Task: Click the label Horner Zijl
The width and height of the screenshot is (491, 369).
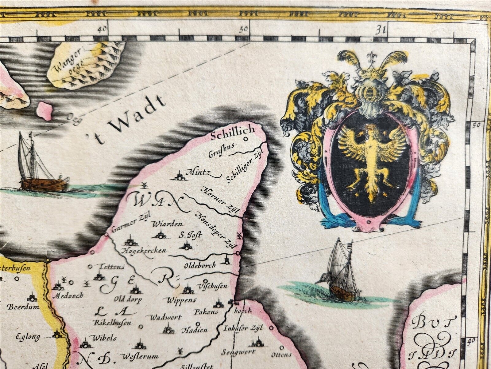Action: pos(221,200)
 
